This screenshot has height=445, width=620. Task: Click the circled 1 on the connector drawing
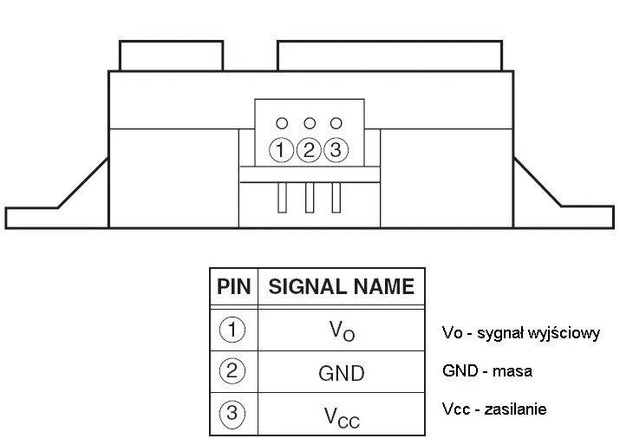tap(281, 150)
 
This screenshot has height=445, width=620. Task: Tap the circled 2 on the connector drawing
tap(309, 150)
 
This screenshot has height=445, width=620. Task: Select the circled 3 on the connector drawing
tap(336, 150)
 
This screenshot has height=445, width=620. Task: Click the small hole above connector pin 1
tap(282, 123)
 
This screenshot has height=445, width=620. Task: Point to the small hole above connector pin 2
tap(310, 123)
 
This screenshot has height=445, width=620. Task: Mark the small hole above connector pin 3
tap(336, 123)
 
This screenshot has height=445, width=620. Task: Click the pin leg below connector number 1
tap(282, 198)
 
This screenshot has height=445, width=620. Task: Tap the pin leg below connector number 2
tap(310, 198)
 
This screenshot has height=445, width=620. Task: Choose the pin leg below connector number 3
tap(336, 198)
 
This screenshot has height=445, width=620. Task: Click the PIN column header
tap(233, 286)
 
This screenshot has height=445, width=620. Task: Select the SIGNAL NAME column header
tap(342, 286)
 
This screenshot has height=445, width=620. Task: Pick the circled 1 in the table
tap(232, 330)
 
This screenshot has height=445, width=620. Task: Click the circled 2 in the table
tap(232, 371)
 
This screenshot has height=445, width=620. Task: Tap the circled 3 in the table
tap(232, 414)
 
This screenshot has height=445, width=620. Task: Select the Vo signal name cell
tap(342, 330)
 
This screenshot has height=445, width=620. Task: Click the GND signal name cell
tap(342, 373)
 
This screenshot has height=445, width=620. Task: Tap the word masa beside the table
tap(512, 371)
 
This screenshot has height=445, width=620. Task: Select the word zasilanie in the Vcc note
tap(516, 409)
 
